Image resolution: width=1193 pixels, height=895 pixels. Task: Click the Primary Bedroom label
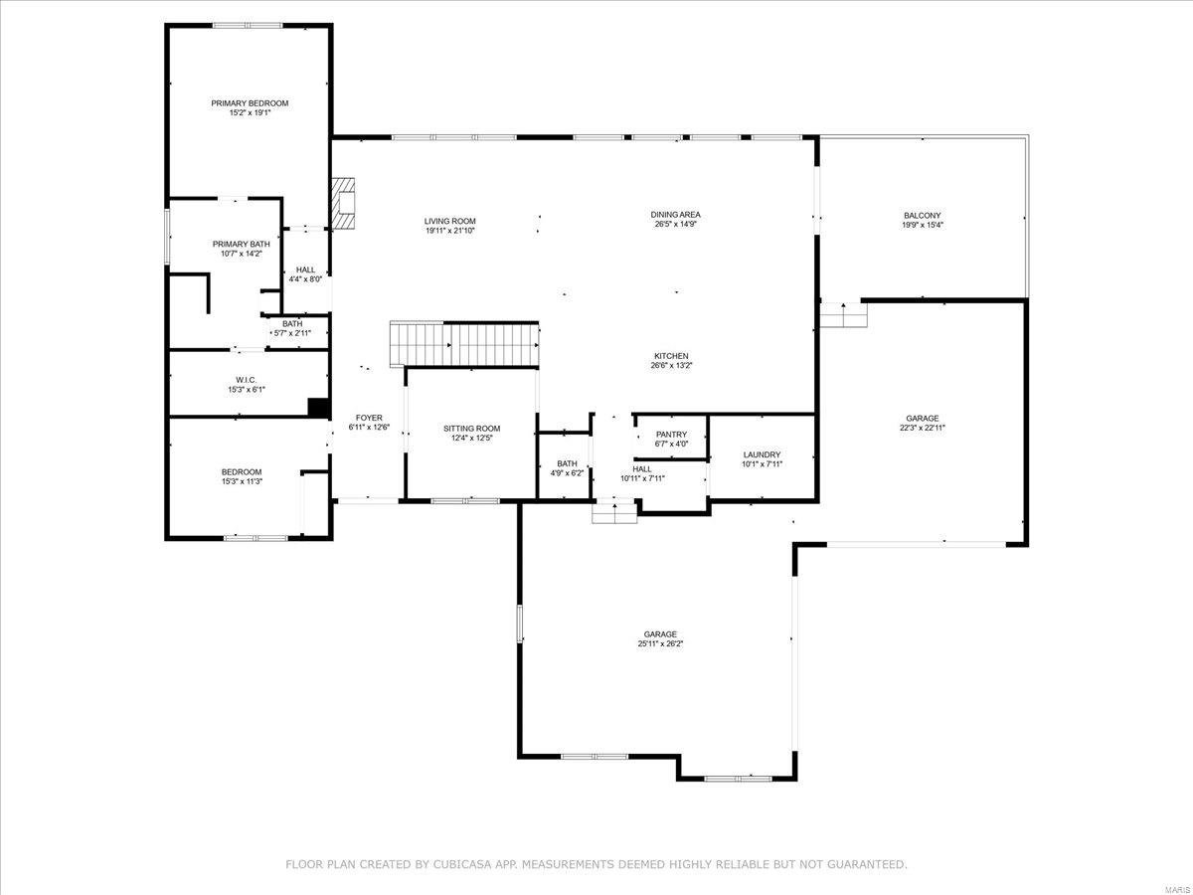click(250, 103)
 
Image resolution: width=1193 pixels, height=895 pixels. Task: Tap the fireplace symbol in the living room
click(343, 203)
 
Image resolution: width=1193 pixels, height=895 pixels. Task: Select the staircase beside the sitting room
click(465, 345)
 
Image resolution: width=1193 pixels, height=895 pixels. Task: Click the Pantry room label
click(672, 435)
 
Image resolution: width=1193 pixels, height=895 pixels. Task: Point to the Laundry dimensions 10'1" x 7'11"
click(763, 464)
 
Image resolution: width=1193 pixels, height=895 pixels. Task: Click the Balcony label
click(922, 215)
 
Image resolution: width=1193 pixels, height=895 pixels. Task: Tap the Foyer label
click(368, 418)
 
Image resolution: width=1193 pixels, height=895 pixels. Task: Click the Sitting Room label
click(471, 429)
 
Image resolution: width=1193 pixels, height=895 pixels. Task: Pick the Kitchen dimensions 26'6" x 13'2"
click(671, 366)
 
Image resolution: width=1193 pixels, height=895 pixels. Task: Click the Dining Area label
click(676, 214)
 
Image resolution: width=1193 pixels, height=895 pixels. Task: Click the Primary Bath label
click(241, 244)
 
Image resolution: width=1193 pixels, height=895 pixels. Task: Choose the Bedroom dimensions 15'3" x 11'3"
click(242, 482)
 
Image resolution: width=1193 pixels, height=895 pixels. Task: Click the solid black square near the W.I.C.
click(318, 406)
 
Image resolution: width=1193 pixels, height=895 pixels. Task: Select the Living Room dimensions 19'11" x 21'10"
click(450, 231)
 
